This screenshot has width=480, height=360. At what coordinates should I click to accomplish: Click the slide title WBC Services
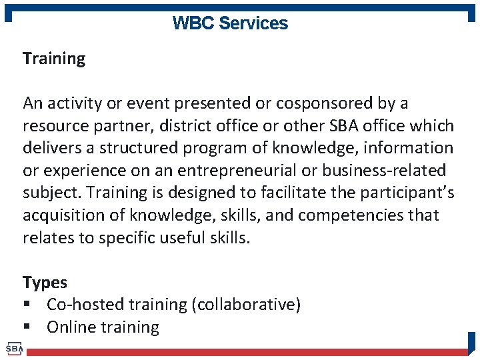[230, 23]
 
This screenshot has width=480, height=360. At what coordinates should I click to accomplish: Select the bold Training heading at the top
[54, 59]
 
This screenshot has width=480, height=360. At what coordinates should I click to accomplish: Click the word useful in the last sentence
[184, 238]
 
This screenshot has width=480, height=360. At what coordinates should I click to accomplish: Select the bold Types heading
[45, 283]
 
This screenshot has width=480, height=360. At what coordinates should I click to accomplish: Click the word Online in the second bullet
[71, 327]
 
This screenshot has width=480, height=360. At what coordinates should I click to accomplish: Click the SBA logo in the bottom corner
[14, 349]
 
